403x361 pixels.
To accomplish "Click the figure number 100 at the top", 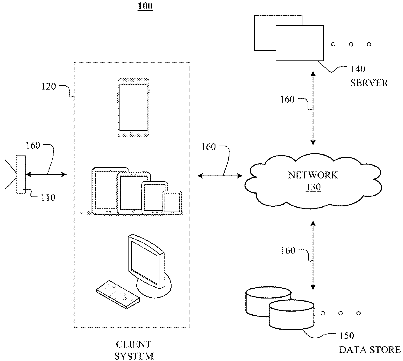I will coord(145,6).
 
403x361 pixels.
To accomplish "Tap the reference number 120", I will coord(49,86).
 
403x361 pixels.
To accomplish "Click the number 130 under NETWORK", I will coord(313,187).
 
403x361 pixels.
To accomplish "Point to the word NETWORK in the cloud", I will coord(313,175).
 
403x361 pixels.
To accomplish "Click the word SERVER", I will coord(369,83).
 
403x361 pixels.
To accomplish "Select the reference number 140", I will coord(358,69).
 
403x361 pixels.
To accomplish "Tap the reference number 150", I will coord(347,336).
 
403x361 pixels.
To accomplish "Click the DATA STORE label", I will coord(370,350).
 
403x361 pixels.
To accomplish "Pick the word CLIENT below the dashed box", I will coord(133,344).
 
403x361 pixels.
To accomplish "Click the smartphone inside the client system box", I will coord(133,108).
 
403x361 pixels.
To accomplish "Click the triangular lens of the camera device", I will coord(10,175).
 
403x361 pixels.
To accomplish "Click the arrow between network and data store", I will coord(313,255).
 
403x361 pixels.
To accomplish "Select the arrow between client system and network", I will coord(220,176).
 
